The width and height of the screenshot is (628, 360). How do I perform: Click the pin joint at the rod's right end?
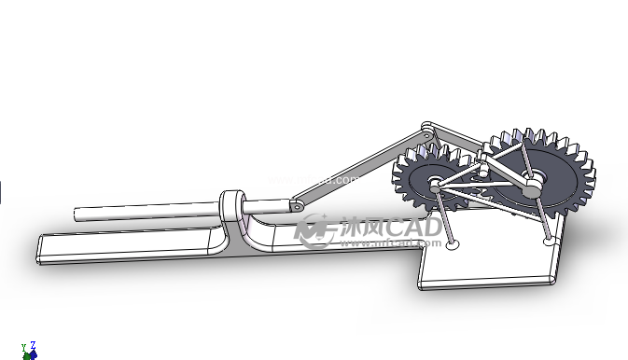[296, 201]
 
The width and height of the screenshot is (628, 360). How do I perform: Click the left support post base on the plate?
[453, 246]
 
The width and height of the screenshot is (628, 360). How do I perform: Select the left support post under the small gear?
[444, 218]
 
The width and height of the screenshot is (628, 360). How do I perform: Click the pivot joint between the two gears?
[482, 170]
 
